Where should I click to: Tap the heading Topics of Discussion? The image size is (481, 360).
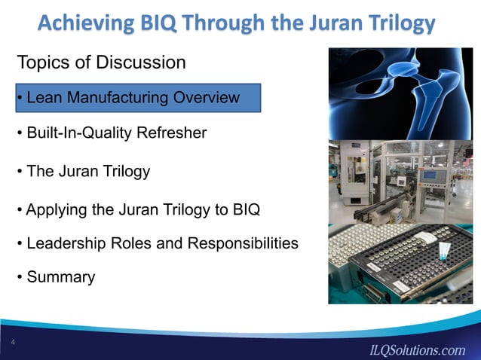101,63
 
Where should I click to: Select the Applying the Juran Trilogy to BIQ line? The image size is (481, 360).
138,209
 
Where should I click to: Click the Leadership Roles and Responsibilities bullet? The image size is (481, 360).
157,244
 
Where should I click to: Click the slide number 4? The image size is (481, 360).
14,343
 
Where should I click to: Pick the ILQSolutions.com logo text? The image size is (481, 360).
416,349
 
